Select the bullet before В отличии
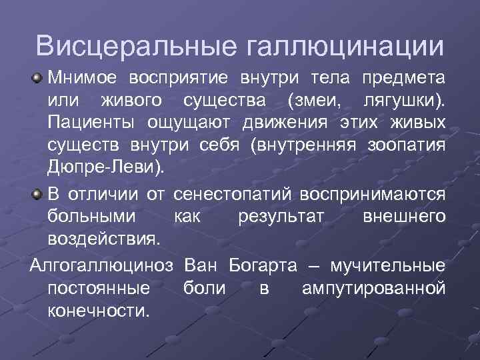[x=39, y=193]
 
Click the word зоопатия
[x=406, y=147]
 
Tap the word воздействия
[x=104, y=239]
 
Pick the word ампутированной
[x=373, y=288]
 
